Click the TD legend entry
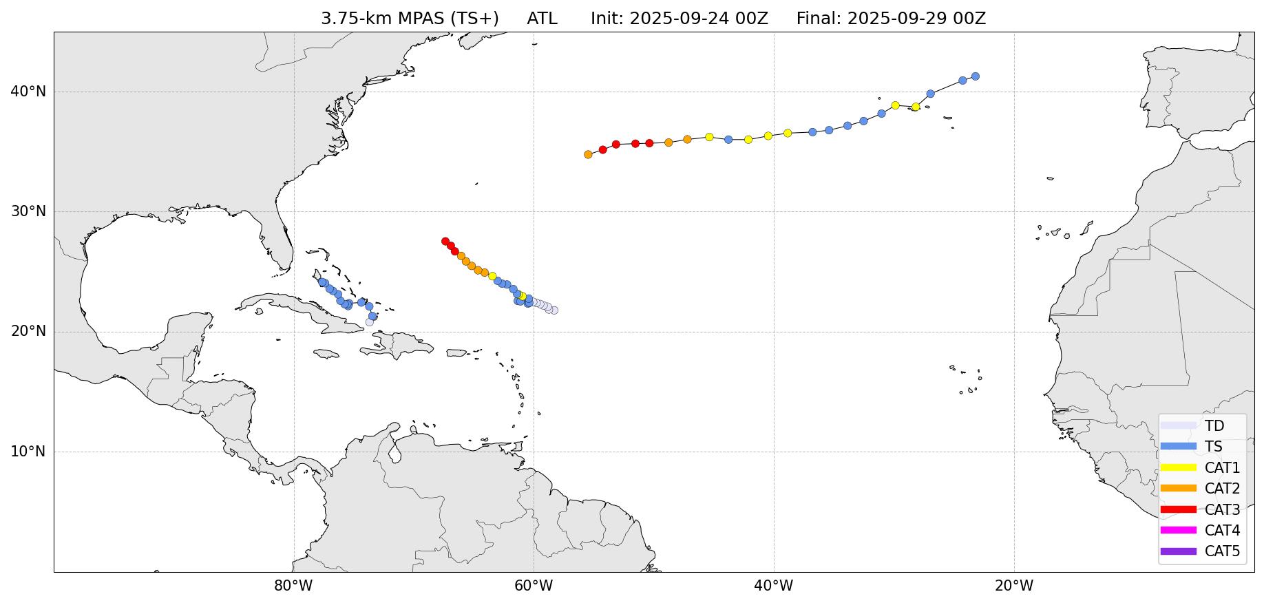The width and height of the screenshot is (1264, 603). tap(1214, 426)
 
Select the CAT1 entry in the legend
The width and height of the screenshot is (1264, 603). tap(1221, 468)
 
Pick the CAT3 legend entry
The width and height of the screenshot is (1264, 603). tap(1221, 510)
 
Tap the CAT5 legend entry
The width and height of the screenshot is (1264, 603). tap(1221, 551)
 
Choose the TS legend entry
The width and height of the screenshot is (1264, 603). tap(1213, 447)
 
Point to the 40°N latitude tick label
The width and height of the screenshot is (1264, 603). tap(28, 92)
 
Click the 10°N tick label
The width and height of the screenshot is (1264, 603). tap(28, 452)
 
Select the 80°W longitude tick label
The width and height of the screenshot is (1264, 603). tap(293, 586)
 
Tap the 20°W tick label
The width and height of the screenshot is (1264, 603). tap(1013, 586)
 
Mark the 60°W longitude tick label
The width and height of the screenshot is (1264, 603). tap(534, 586)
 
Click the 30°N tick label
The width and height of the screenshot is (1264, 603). tap(28, 211)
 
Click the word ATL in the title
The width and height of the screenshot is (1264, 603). tap(542, 19)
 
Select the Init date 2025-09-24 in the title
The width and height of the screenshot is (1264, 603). tap(698, 19)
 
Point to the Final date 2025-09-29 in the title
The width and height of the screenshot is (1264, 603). tap(916, 19)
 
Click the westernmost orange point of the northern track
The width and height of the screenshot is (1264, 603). tap(588, 155)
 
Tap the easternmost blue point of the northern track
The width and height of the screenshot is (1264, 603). tap(975, 76)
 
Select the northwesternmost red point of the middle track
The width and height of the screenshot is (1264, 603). tap(445, 242)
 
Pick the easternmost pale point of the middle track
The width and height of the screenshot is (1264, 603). tap(554, 310)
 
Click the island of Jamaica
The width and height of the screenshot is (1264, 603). tap(326, 354)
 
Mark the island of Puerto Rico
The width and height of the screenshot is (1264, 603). tap(456, 353)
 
